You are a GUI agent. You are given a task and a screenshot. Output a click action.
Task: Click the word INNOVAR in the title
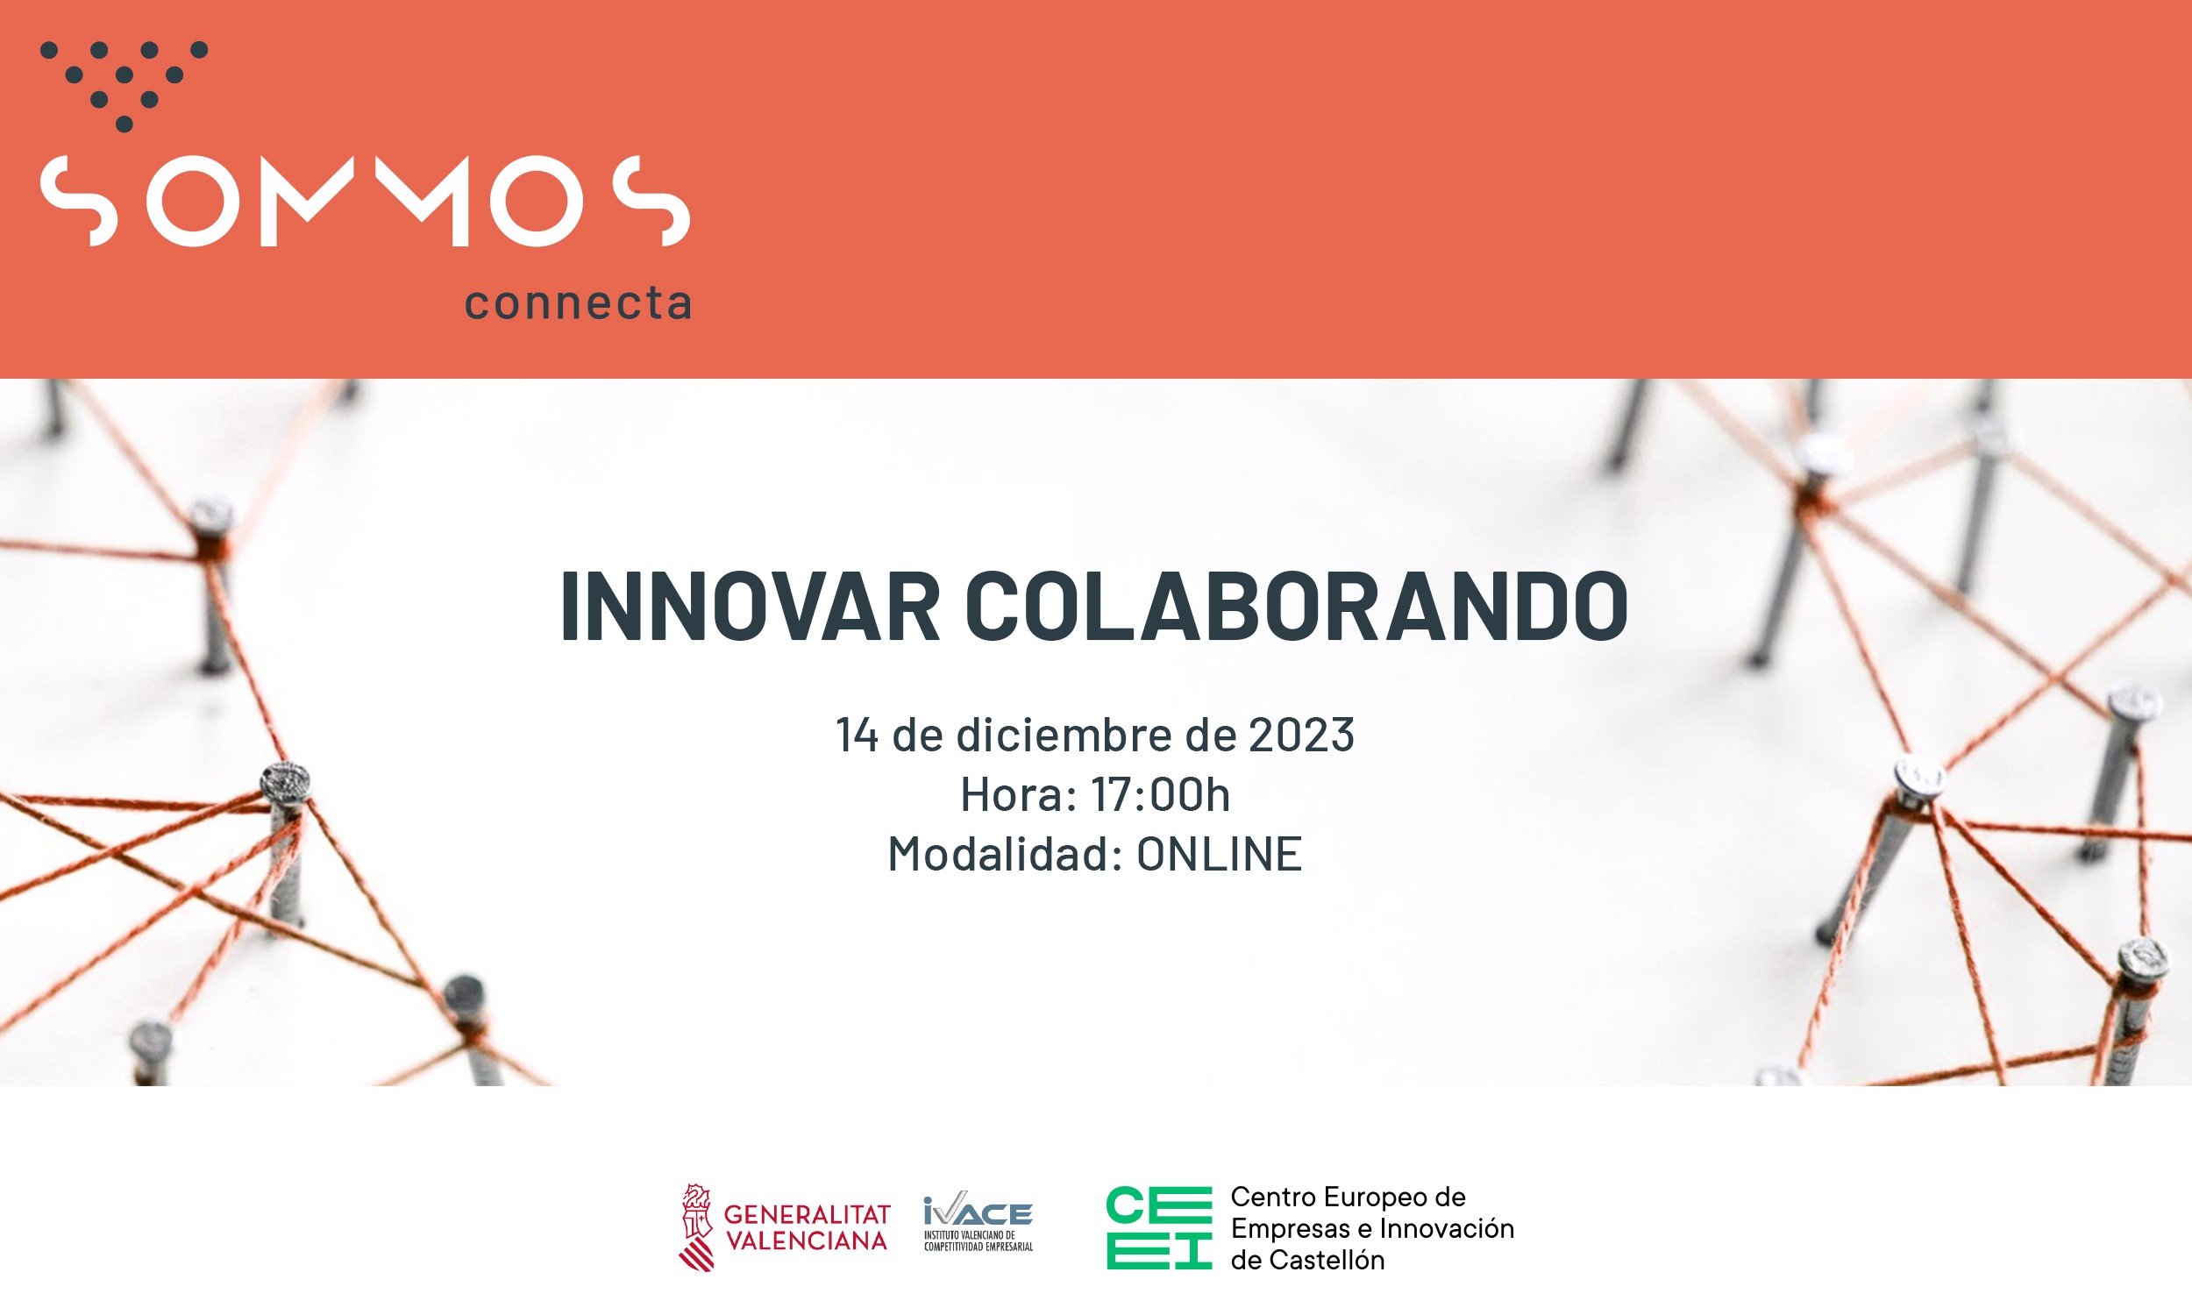tap(750, 607)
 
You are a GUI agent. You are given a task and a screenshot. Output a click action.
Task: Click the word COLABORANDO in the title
tap(1295, 607)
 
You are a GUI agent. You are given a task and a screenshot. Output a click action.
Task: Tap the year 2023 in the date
tap(1300, 735)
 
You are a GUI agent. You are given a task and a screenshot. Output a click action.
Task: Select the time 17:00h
tap(1160, 795)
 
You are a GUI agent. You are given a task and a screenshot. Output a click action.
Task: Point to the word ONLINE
tap(1219, 855)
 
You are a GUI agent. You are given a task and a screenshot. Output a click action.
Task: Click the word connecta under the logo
tap(578, 304)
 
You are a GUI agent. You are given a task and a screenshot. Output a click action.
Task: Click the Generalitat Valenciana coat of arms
tap(697, 1228)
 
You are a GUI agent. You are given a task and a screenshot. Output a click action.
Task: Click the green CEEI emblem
tap(1159, 1228)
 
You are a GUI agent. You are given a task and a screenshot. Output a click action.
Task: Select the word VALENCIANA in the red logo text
tap(807, 1241)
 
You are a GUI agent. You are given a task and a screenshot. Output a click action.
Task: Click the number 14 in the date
tap(857, 735)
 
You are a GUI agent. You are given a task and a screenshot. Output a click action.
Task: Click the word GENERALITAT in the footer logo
tap(808, 1214)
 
